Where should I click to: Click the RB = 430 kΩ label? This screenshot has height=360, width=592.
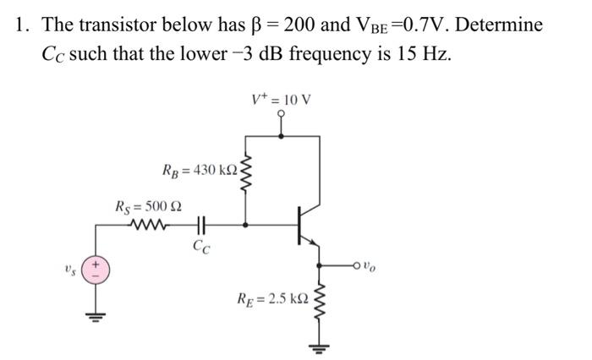click(200, 172)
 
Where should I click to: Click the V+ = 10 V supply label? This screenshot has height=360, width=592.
click(282, 99)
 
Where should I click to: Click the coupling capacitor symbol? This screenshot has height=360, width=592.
click(201, 226)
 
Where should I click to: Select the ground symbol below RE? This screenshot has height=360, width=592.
click(319, 347)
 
